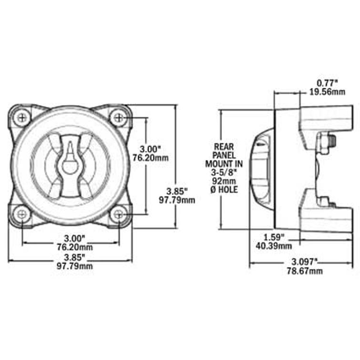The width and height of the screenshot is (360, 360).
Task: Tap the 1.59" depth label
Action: (274, 237)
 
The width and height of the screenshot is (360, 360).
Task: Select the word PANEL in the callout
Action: (224, 155)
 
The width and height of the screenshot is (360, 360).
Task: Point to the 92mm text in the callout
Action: (224, 181)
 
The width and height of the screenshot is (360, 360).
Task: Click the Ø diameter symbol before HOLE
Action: (214, 190)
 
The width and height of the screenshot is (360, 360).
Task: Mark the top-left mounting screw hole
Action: (21, 117)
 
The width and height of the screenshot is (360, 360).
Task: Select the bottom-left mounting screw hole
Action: (21, 214)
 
